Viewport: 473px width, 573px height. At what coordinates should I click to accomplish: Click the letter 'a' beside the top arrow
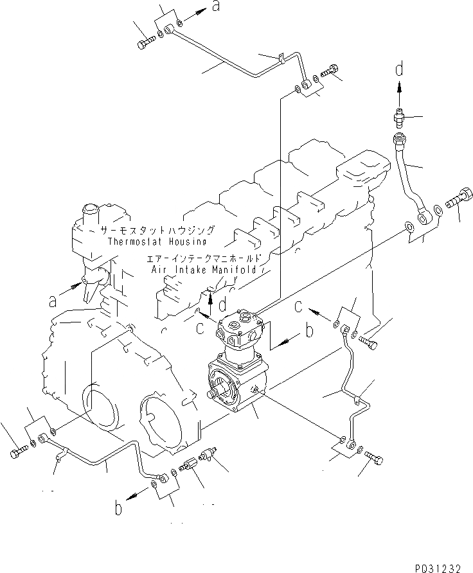[217, 7]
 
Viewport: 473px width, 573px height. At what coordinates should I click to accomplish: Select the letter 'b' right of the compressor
[308, 331]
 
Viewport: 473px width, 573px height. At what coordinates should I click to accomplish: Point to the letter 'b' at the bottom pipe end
[118, 508]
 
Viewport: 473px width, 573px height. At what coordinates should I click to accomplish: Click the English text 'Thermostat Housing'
[157, 242]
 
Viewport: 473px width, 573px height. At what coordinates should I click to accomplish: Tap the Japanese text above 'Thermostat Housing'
[157, 230]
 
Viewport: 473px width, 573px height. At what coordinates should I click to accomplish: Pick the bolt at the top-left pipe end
[145, 42]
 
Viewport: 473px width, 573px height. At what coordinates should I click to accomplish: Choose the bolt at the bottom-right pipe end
[376, 457]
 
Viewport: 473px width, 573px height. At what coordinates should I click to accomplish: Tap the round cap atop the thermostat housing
[89, 210]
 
